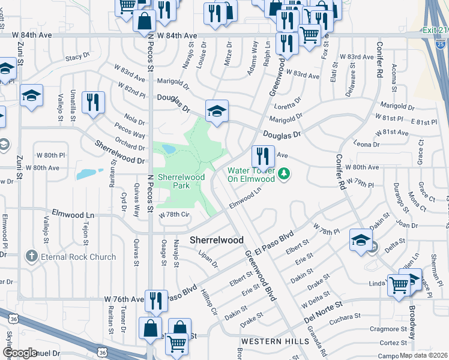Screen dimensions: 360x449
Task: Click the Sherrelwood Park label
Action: [181, 181]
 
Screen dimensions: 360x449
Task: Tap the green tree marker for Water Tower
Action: [285, 175]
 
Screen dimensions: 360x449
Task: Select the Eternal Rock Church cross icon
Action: [32, 257]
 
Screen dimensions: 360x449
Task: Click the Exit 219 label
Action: [433, 29]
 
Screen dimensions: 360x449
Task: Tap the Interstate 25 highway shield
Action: [441, 43]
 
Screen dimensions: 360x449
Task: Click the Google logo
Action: [20, 353]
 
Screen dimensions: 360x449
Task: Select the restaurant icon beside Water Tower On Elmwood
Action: [262, 155]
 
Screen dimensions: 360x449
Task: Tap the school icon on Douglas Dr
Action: [217, 110]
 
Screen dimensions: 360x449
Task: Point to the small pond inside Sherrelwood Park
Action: [168, 148]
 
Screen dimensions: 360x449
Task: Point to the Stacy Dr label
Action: [77, 58]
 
